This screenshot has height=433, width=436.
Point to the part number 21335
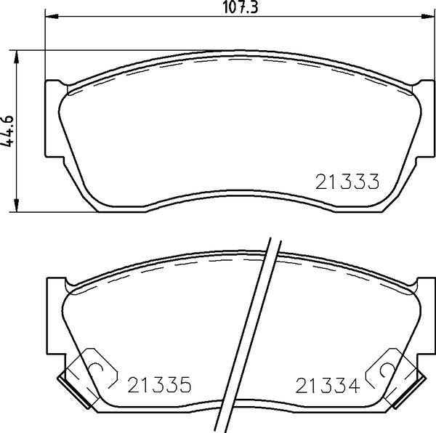(158, 384)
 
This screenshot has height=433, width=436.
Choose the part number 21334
(328, 384)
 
